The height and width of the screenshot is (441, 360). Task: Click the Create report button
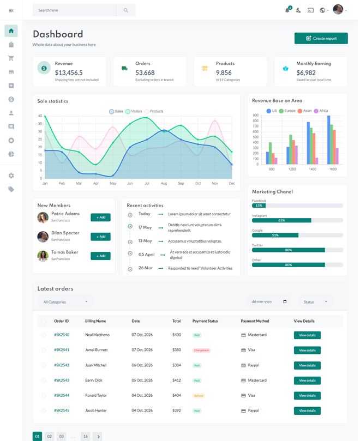321,38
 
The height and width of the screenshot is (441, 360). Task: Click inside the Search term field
74,10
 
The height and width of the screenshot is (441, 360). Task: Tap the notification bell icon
287,10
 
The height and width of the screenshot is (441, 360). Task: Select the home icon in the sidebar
11,31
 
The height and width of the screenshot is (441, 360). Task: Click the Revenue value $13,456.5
69,73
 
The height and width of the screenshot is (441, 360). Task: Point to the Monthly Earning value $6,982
306,73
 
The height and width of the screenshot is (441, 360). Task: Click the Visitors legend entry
134,111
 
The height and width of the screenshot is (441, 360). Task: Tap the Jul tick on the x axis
147,184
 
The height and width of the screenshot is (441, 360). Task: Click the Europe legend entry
287,111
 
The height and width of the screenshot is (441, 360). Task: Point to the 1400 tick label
313,170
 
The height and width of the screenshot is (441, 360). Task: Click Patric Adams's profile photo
43,218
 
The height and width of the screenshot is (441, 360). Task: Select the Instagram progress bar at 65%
281,220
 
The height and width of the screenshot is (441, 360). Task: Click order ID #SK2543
62,380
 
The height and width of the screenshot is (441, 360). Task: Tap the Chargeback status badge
202,350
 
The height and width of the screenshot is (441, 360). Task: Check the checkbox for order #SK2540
44,335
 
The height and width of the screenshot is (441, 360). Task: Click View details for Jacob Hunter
307,410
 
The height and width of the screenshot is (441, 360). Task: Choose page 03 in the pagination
62,436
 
